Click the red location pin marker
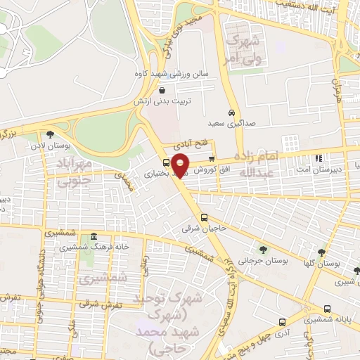point(181,165)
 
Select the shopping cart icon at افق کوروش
point(211,157)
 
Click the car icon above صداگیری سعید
point(231,112)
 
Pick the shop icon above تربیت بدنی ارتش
point(162,90)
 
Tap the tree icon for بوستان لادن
point(49,134)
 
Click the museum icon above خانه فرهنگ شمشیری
point(94,236)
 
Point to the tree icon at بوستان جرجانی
point(262,249)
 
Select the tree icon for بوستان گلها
point(321,252)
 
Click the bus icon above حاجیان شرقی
point(204,217)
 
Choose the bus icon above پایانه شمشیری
point(327,309)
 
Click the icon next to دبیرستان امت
point(319,158)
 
